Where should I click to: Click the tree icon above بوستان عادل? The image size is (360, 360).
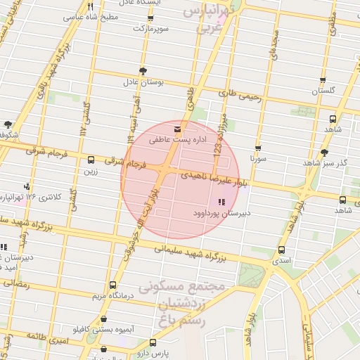(x=143, y=71)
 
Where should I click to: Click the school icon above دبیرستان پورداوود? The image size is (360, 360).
(x=212, y=202)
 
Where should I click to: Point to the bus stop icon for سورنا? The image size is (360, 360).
(x=258, y=148)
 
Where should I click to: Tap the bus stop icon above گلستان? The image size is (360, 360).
(x=323, y=80)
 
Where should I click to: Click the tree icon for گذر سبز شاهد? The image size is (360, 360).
(x=323, y=153)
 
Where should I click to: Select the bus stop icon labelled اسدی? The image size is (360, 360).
(x=282, y=250)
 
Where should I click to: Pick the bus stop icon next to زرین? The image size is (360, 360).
(x=91, y=160)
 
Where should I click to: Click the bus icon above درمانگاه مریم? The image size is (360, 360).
(x=113, y=285)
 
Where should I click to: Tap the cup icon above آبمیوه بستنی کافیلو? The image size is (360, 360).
(x=97, y=318)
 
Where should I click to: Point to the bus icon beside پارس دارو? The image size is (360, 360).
(x=104, y=349)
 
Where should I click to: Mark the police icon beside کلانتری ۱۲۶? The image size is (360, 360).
(x=27, y=186)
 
